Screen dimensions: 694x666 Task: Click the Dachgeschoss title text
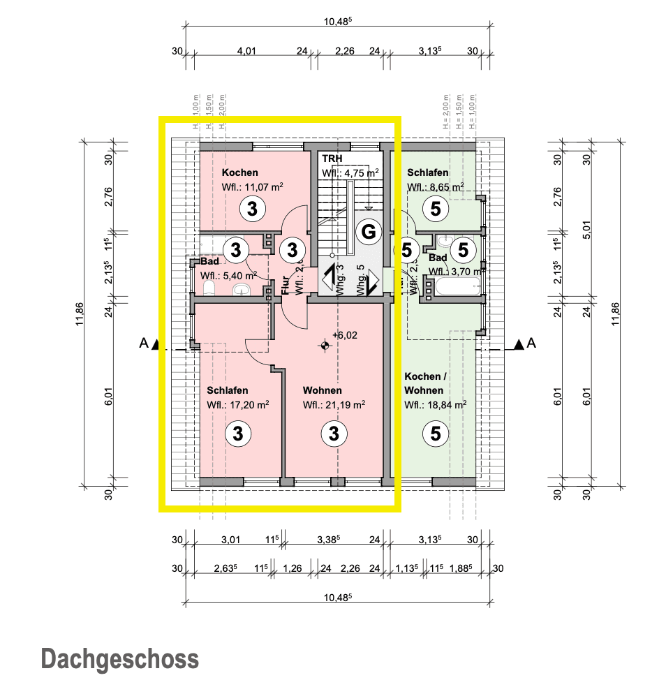tap(119, 658)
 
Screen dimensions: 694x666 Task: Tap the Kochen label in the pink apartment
tap(239, 172)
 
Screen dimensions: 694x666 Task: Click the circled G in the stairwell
tap(367, 232)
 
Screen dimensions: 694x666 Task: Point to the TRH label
tap(332, 160)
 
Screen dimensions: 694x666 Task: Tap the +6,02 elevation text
tap(345, 335)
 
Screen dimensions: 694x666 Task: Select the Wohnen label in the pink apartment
tap(322, 390)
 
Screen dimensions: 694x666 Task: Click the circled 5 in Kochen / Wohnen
tap(436, 434)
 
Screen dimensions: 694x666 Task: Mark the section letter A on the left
tap(143, 343)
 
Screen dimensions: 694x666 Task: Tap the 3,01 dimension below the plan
tap(230, 539)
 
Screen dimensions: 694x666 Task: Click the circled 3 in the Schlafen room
tap(238, 434)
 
